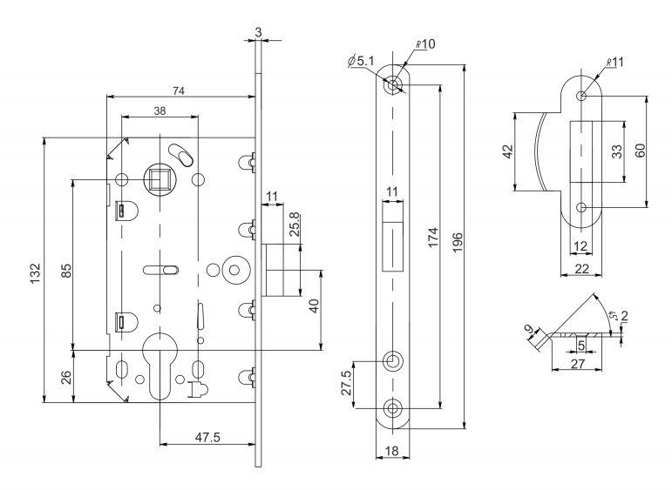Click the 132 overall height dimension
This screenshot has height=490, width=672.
tap(34, 268)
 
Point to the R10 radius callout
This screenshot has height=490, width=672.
tap(426, 44)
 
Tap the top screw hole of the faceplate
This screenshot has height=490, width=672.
tap(395, 84)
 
